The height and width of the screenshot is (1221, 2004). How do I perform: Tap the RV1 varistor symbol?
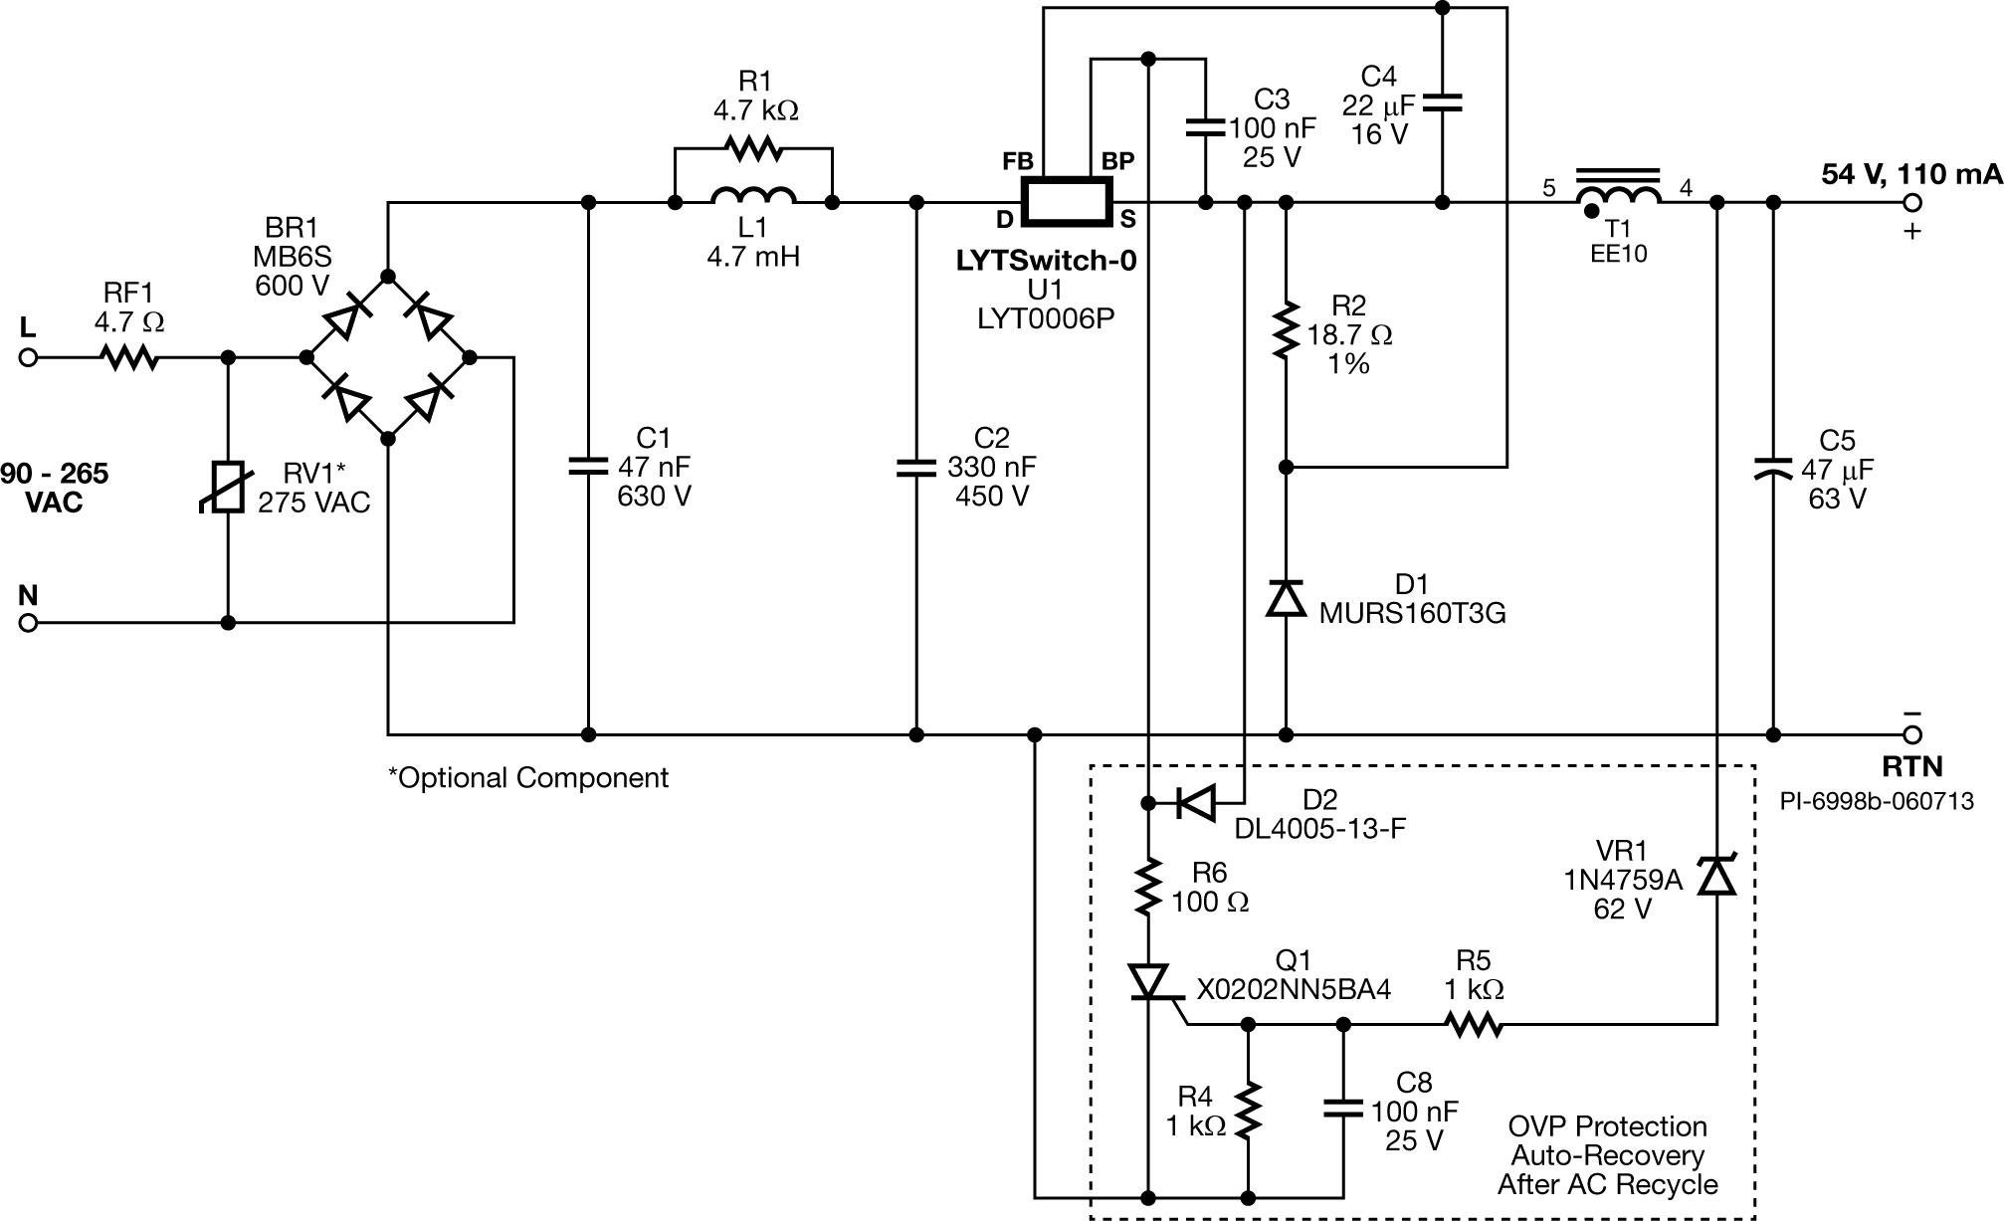click(x=229, y=486)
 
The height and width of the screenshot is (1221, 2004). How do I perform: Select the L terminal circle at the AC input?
click(x=28, y=357)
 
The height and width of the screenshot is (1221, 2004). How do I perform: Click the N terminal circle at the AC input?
click(x=28, y=623)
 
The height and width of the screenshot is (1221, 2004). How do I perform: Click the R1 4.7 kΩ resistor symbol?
click(x=753, y=149)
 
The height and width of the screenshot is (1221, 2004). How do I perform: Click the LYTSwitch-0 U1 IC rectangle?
click(x=1067, y=202)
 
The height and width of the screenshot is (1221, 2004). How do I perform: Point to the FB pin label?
click(x=1017, y=161)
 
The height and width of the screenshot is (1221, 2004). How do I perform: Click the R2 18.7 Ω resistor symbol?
click(x=1286, y=330)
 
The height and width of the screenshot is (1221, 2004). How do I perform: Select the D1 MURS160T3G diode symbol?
click(x=1286, y=598)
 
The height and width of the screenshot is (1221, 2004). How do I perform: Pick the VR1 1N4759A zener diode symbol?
click(x=1716, y=876)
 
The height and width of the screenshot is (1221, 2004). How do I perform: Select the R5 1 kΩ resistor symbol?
click(x=1474, y=1024)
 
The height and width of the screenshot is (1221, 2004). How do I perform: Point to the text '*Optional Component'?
click(x=528, y=778)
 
